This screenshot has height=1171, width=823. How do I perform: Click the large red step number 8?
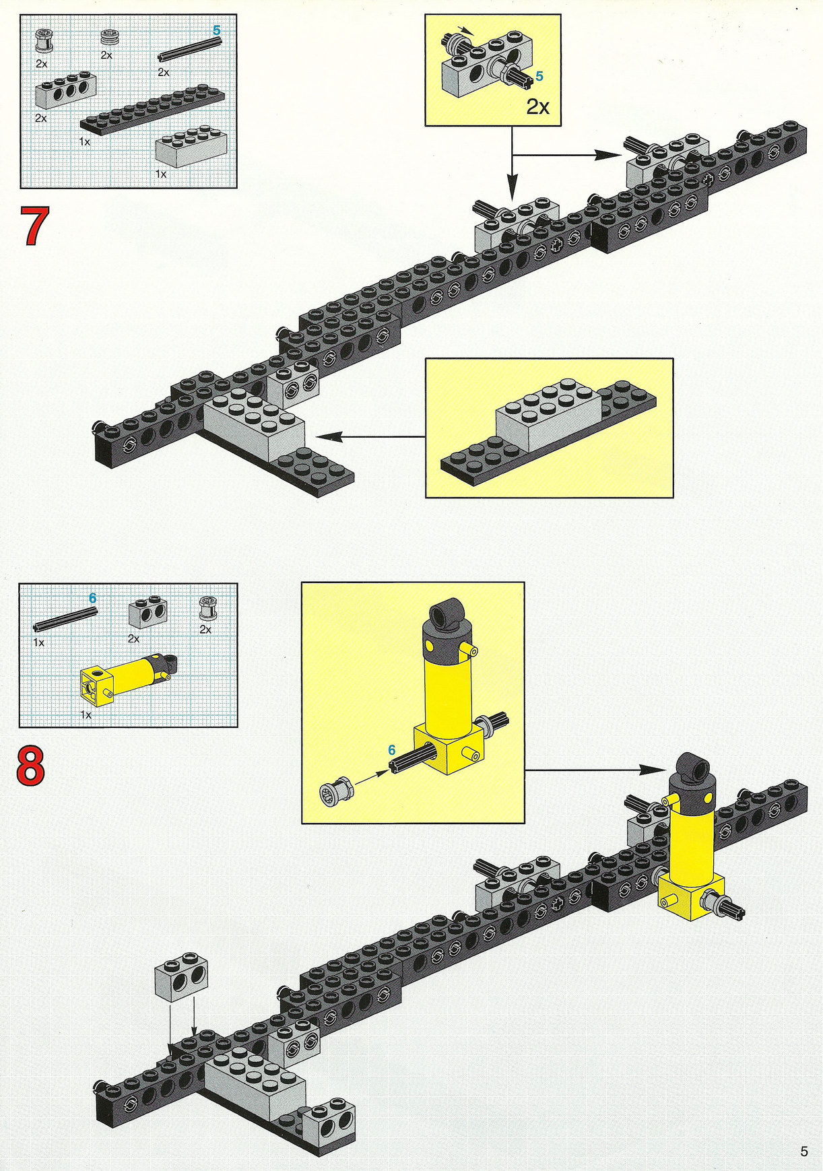point(31,766)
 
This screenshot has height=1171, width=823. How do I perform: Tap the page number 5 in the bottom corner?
point(803,1151)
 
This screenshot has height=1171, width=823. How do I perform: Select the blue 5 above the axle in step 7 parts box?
point(216,30)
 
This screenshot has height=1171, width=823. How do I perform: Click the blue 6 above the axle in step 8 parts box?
point(93,598)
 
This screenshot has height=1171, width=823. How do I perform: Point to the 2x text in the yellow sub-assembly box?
point(538,106)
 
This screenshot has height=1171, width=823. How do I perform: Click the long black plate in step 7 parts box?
point(152,110)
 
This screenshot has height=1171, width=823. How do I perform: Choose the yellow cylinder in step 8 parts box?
point(129,678)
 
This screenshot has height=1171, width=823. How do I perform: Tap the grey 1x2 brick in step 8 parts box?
point(147,613)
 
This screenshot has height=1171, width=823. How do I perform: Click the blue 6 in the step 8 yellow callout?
point(392,749)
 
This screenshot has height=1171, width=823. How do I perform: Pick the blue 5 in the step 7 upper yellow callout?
point(539,77)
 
